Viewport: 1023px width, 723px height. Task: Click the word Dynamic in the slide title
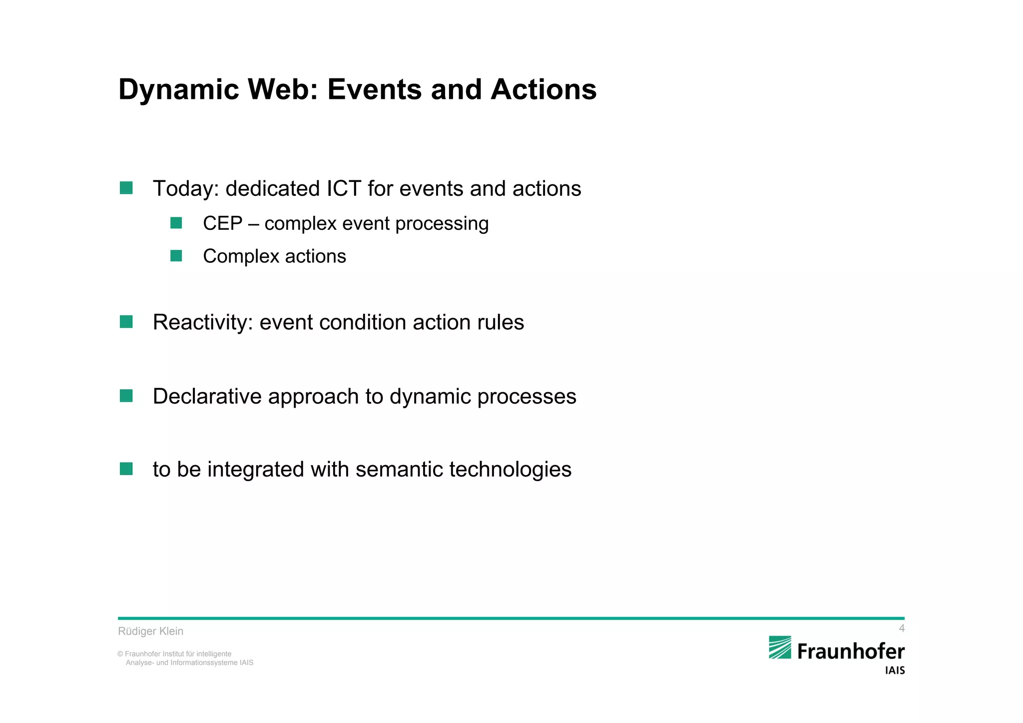179,90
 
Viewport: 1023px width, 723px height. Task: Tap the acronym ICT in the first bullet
344,189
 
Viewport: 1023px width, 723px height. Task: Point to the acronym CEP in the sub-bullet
222,223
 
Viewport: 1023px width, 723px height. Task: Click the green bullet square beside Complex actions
176,256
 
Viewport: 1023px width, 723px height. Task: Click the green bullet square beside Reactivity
126,322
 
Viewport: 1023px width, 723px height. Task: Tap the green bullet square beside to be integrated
126,469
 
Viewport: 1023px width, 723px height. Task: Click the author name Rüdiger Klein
150,631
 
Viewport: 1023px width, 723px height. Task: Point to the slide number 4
901,628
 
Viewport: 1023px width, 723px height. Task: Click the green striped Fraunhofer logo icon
780,648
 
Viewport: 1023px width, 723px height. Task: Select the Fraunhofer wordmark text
851,652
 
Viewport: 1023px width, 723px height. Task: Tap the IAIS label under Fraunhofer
895,671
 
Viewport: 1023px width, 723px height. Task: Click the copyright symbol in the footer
120,654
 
